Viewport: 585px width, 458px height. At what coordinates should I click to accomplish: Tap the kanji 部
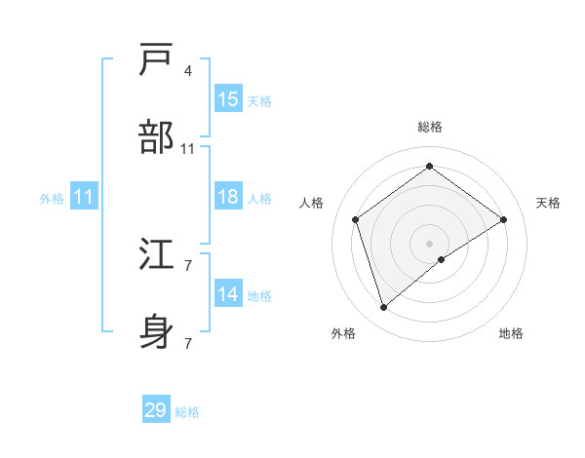(157, 137)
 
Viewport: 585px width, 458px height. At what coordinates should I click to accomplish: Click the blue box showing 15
(228, 99)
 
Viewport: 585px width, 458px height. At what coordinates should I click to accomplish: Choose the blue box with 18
(228, 197)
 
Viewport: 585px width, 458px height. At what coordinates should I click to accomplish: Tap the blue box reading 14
(228, 294)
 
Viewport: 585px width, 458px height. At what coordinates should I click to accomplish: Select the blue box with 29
(156, 410)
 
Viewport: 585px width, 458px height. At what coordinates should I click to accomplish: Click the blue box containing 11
(84, 197)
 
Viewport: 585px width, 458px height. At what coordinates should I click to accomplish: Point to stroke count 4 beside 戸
(187, 71)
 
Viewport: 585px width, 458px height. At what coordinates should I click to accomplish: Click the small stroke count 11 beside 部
(188, 149)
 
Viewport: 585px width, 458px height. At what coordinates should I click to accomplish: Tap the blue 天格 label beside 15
(258, 101)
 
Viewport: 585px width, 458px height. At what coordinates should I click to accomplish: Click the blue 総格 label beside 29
(187, 412)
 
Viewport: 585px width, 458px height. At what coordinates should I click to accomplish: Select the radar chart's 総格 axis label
(429, 127)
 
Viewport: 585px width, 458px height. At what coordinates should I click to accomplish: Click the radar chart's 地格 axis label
(511, 334)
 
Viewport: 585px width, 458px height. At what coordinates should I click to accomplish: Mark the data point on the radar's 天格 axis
(504, 219)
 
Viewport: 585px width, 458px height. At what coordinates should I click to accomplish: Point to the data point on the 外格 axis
(383, 308)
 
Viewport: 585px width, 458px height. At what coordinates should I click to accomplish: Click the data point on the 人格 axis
(356, 219)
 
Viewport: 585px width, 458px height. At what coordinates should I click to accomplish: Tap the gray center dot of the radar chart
(429, 243)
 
